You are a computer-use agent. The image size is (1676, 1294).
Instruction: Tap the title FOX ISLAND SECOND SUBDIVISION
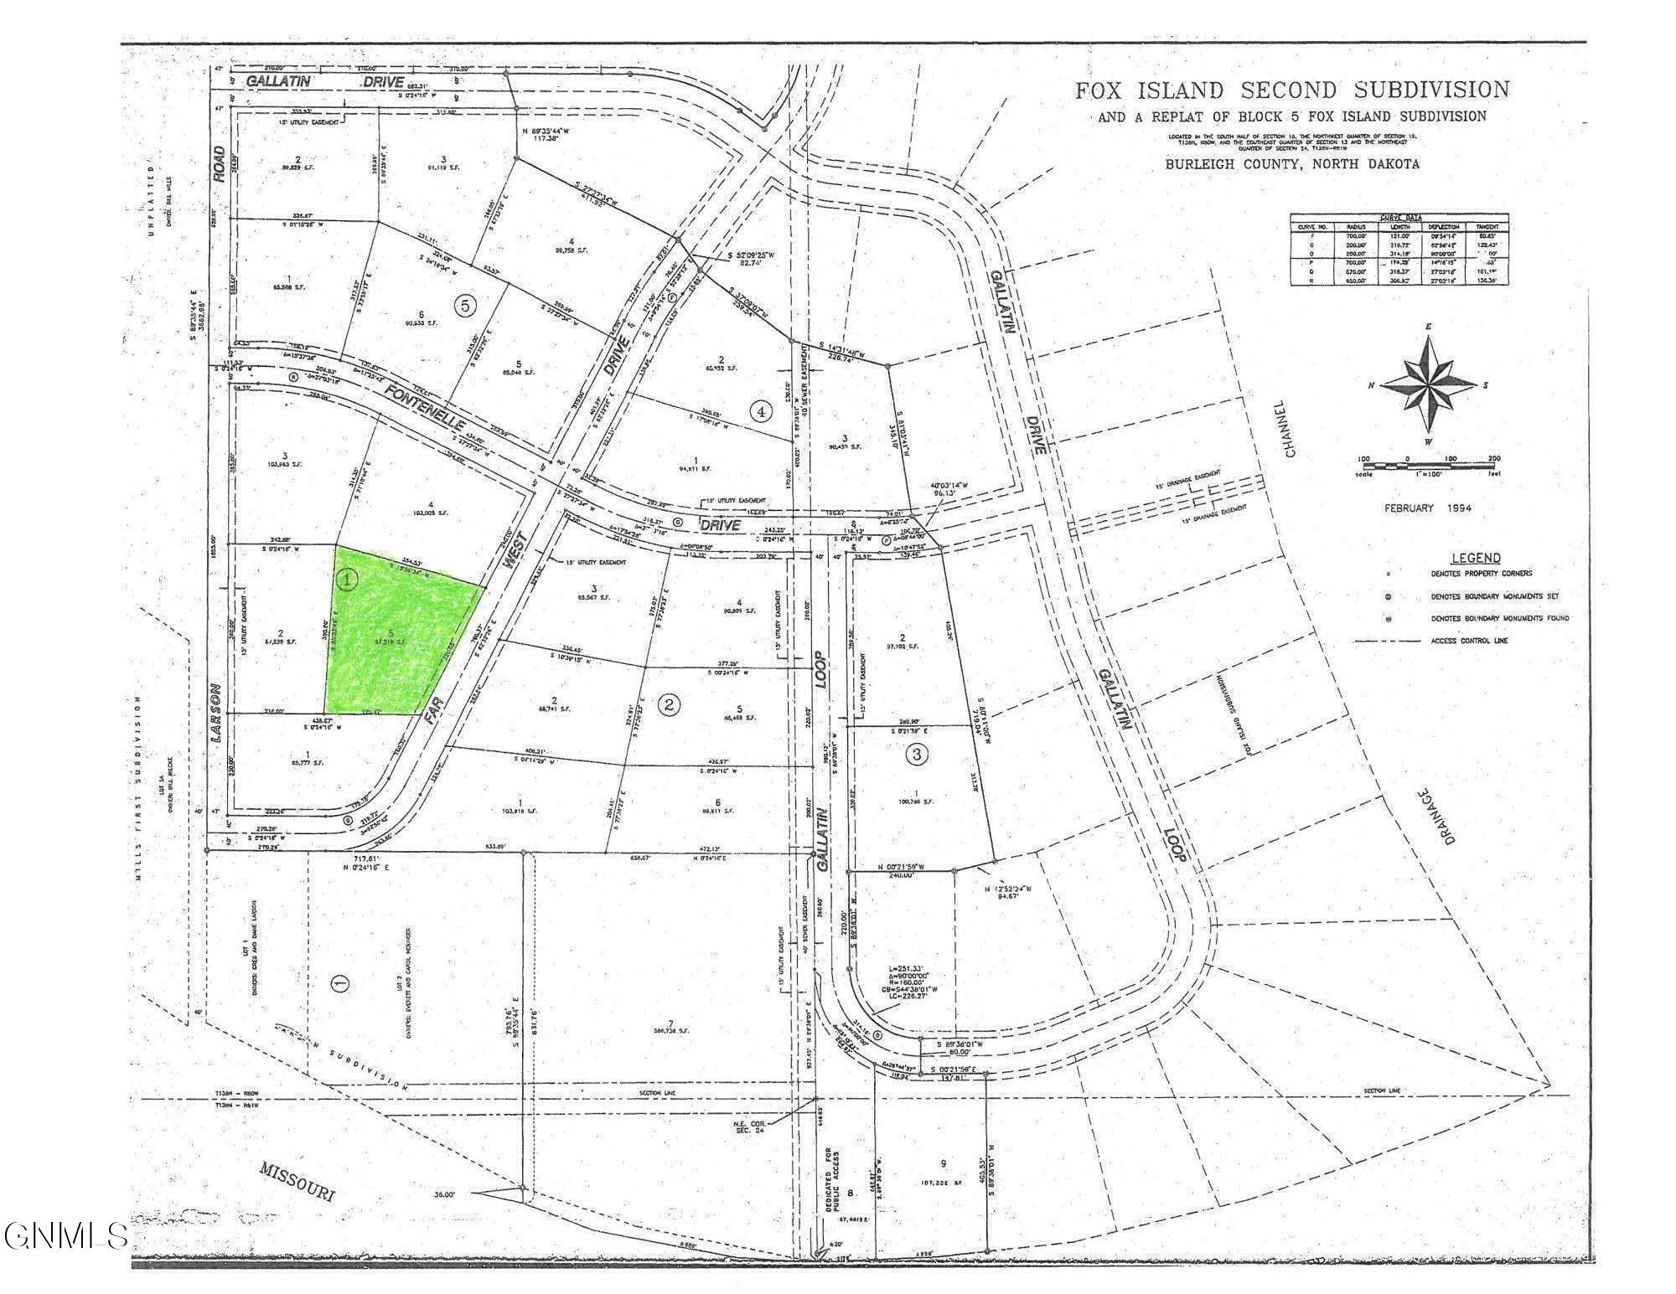click(1292, 90)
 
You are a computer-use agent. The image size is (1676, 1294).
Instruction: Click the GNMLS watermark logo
click(65, 1235)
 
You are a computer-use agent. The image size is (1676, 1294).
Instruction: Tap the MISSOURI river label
click(297, 1181)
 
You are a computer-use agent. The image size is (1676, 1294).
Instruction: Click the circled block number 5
click(466, 306)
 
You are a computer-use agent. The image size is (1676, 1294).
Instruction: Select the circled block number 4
click(761, 411)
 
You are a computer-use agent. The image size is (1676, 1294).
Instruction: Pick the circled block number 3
click(918, 755)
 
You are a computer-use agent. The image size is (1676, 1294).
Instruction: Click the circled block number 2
click(669, 705)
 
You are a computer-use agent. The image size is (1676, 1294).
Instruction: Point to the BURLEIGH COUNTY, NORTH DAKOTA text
click(1292, 164)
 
